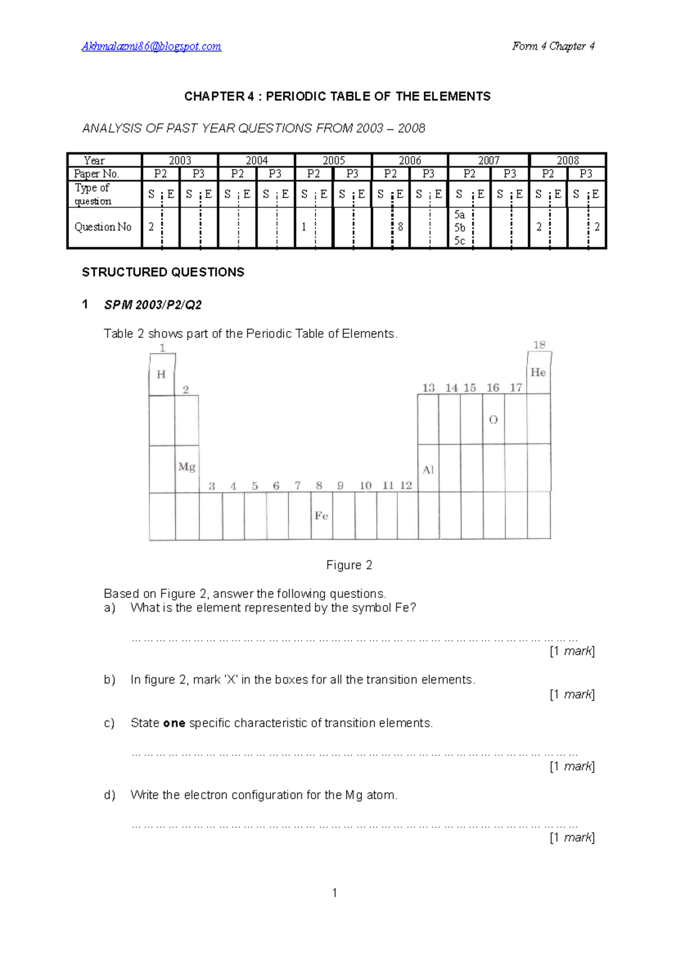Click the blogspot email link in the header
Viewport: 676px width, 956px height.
coord(151,46)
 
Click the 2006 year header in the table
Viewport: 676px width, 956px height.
coord(410,160)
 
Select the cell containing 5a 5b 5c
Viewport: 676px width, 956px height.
coord(460,227)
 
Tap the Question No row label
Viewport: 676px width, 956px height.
coord(103,227)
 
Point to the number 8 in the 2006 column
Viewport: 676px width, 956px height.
coord(400,227)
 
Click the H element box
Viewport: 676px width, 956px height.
coord(162,374)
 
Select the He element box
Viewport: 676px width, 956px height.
coord(538,372)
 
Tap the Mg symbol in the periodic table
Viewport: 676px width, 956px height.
coord(186,467)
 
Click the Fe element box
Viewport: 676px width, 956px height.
coord(321,516)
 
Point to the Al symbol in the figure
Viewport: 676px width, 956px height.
coord(428,470)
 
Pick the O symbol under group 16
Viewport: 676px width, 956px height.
coord(493,419)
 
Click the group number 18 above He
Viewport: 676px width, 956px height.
coord(539,345)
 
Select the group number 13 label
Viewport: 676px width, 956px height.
coord(429,387)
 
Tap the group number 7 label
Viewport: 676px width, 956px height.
coord(297,485)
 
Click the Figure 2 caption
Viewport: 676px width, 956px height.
coord(349,565)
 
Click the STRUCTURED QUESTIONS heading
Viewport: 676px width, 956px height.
coord(163,272)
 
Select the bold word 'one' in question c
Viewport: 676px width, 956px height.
coord(174,723)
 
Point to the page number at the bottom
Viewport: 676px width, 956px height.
coord(335,892)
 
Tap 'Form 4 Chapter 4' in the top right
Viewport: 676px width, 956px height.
coord(553,46)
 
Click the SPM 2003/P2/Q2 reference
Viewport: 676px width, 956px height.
coord(153,305)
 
